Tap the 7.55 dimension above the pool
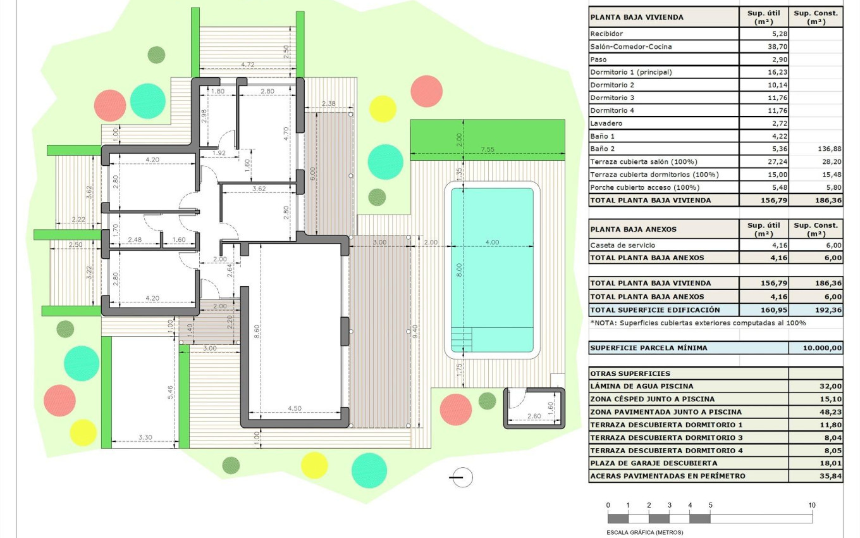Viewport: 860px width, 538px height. pyautogui.click(x=488, y=149)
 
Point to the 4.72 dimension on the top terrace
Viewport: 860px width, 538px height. pyautogui.click(x=248, y=65)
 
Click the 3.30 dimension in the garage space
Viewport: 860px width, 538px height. pyautogui.click(x=145, y=437)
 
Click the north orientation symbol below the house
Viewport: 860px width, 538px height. pyautogui.click(x=462, y=477)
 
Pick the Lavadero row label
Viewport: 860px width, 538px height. pyautogui.click(x=606, y=123)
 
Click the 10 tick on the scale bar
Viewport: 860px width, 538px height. pyautogui.click(x=811, y=505)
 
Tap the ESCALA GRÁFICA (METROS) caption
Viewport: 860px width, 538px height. pyautogui.click(x=644, y=532)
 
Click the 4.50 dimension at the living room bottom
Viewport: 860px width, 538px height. pyautogui.click(x=295, y=408)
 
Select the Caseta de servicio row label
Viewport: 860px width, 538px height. pyautogui.click(x=622, y=245)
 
